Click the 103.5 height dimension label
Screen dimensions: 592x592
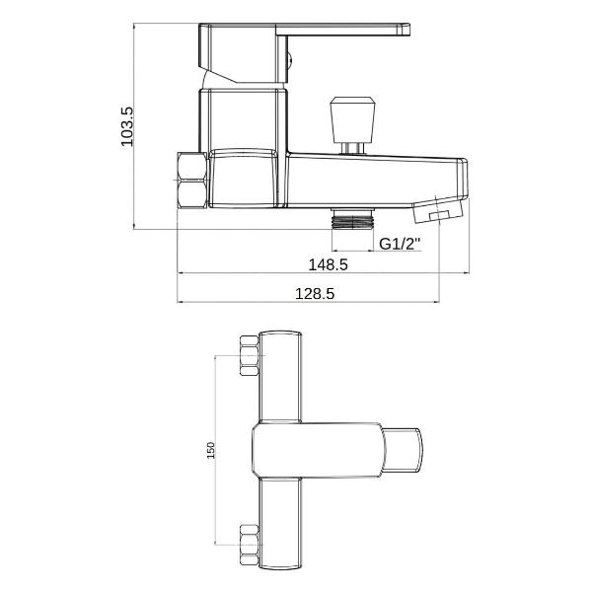pyautogui.click(x=127, y=127)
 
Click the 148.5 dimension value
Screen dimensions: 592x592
pyautogui.click(x=329, y=264)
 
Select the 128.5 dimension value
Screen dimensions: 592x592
pyautogui.click(x=315, y=293)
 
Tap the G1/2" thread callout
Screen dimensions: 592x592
pyautogui.click(x=400, y=244)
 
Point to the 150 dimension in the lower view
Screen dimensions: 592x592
pyautogui.click(x=211, y=450)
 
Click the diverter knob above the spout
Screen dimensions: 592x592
pyautogui.click(x=352, y=120)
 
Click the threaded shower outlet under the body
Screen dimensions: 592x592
pyautogui.click(x=353, y=219)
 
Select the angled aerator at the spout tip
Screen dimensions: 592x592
pyautogui.click(x=438, y=210)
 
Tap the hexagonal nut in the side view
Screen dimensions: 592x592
pyautogui.click(x=192, y=181)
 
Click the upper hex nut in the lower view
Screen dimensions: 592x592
pyautogui.click(x=250, y=355)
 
